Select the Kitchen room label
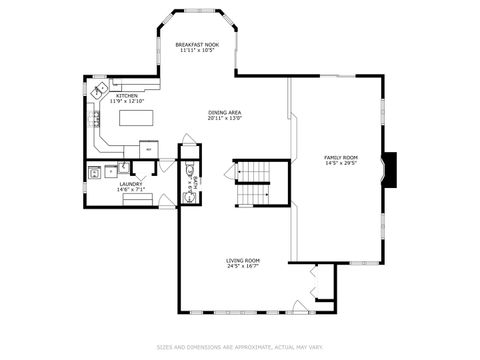(127, 95)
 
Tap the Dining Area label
(225, 112)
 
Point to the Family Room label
(340, 157)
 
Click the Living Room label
(243, 260)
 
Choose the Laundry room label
(131, 183)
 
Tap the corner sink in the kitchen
(101, 91)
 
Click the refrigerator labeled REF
(147, 149)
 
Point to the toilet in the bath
(189, 172)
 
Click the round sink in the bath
(188, 196)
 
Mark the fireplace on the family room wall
(392, 170)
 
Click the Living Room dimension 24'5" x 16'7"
(243, 266)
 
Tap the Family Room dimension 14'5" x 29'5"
(340, 163)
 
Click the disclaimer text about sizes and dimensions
(240, 347)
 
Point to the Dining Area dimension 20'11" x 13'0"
(225, 118)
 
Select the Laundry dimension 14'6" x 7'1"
(131, 189)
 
